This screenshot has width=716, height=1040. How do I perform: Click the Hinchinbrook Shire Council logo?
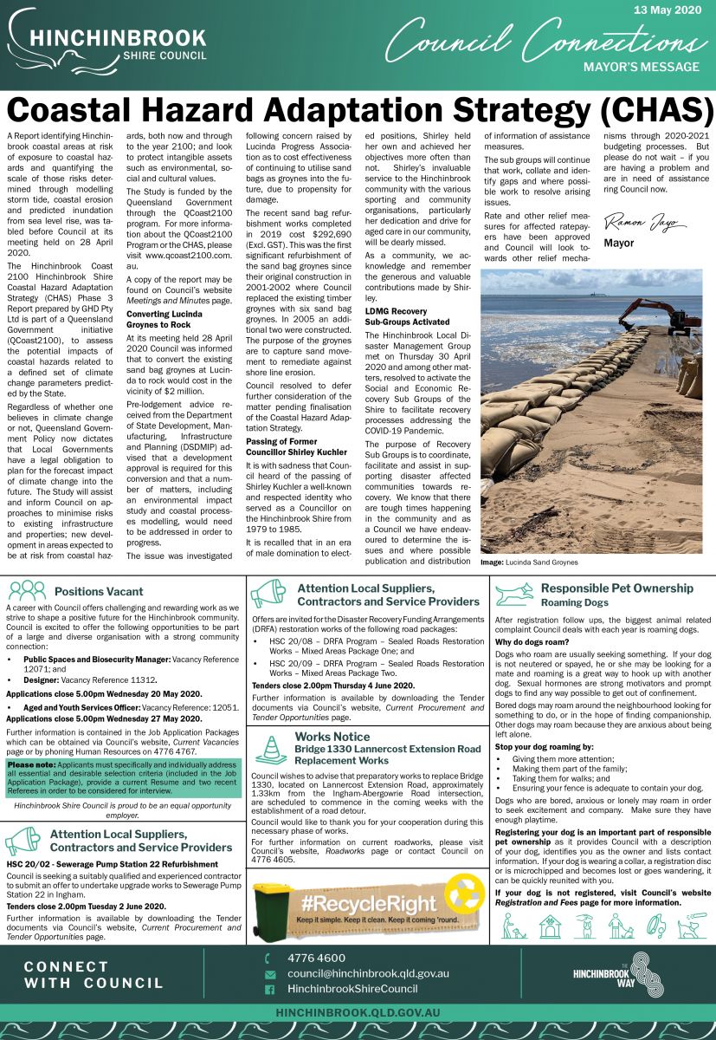click(106, 44)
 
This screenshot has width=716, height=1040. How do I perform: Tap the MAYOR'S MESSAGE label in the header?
click(641, 67)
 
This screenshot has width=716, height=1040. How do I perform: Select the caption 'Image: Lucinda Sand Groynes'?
click(529, 562)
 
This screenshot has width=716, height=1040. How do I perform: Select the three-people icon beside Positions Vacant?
click(28, 591)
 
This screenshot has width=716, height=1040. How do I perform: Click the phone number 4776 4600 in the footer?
click(316, 958)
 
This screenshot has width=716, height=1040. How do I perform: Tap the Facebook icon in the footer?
click(269, 989)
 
